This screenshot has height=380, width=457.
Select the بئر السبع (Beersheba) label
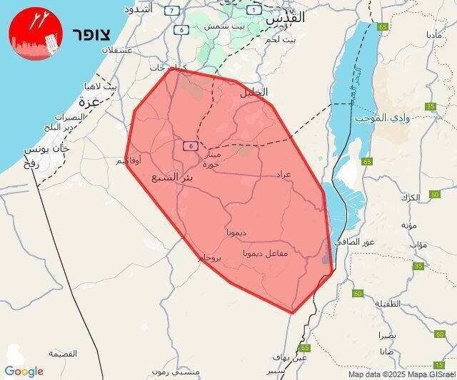[172, 175]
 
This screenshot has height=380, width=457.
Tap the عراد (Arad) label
[283, 174]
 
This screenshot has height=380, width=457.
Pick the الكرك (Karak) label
[410, 196]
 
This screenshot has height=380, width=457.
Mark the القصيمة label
[64, 354]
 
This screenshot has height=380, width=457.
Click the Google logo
[24, 371]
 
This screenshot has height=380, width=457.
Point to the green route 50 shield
[435, 195]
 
